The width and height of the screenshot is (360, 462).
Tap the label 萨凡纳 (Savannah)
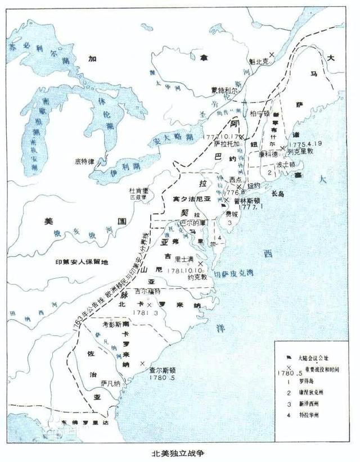(110, 383)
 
